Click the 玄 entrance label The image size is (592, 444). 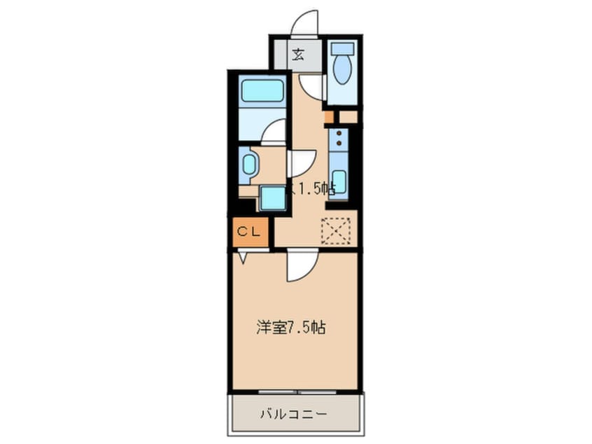297,54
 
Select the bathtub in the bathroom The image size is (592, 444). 262,91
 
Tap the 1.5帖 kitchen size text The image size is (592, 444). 316,188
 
